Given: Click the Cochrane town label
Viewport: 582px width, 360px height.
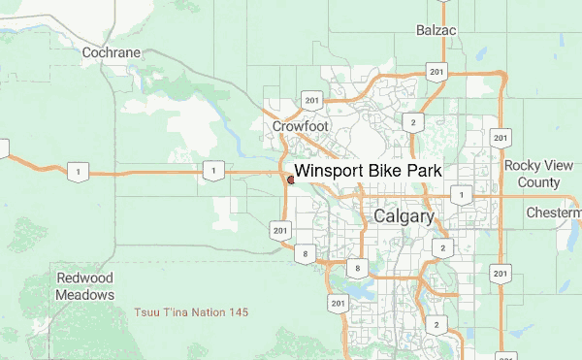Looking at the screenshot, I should pyautogui.click(x=112, y=52).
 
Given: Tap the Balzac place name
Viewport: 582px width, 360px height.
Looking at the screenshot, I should pyautogui.click(x=436, y=30).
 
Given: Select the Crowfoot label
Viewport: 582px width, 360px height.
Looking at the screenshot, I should pyautogui.click(x=300, y=126).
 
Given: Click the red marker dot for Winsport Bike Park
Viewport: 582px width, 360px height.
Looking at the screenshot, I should pyautogui.click(x=290, y=179).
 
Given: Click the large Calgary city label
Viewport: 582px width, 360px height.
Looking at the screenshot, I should pyautogui.click(x=404, y=216).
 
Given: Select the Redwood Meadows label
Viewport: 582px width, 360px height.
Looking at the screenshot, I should pyautogui.click(x=85, y=286).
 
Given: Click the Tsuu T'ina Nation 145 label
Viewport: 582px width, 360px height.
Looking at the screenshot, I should pyautogui.click(x=191, y=312).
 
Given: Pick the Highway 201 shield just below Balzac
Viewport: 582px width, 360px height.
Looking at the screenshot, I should pyautogui.click(x=436, y=72).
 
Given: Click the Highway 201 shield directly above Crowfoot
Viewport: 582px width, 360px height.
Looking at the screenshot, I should pyautogui.click(x=311, y=100).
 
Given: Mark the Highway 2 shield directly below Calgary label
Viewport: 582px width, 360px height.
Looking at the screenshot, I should pyautogui.click(x=443, y=247).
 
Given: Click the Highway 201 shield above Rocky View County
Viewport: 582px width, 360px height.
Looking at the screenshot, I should pyautogui.click(x=501, y=136).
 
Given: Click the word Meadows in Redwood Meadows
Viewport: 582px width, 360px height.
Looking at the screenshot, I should pyautogui.click(x=85, y=294).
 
